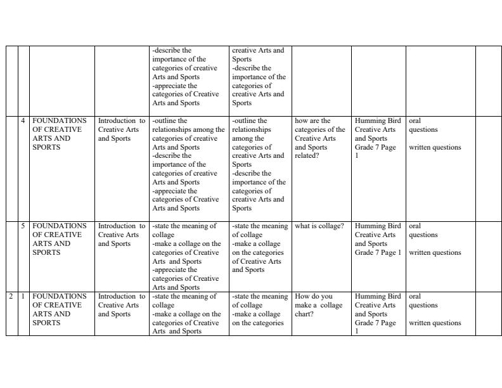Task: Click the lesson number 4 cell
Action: click(x=23, y=120)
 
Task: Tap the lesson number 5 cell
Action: click(x=23, y=226)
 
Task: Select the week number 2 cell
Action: click(x=11, y=296)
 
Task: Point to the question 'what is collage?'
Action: click(x=319, y=226)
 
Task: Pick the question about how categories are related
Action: click(x=319, y=138)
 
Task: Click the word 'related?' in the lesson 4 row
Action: click(x=307, y=156)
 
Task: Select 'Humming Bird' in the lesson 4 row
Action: click(x=378, y=120)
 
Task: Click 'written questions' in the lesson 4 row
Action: click(x=435, y=148)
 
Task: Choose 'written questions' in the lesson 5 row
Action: click(x=435, y=252)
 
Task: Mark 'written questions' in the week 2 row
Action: click(x=435, y=323)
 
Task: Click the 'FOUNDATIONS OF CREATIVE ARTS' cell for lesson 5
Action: click(x=60, y=239)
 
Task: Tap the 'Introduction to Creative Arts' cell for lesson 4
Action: click(x=122, y=129)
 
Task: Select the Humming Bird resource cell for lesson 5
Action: click(x=378, y=239)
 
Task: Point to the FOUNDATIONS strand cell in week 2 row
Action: click(x=60, y=309)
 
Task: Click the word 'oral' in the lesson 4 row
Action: click(x=415, y=120)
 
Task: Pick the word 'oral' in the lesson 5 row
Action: click(x=415, y=226)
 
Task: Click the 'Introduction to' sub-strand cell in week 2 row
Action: click(x=122, y=305)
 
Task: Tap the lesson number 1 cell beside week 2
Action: click(x=23, y=296)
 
